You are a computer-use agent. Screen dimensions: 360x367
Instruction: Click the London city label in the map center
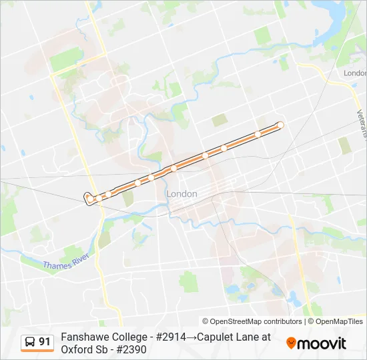(x=181, y=193)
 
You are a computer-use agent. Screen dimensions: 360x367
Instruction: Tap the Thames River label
(x=67, y=261)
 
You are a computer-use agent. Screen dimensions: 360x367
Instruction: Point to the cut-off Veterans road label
(x=361, y=123)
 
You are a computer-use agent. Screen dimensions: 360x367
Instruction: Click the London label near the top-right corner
(x=354, y=73)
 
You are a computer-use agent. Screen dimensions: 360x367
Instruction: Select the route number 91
(x=45, y=342)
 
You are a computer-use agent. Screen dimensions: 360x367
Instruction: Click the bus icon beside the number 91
(x=30, y=342)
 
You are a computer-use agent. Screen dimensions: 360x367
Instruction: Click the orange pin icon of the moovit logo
(x=292, y=344)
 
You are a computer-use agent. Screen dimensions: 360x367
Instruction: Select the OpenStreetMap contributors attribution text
(x=252, y=321)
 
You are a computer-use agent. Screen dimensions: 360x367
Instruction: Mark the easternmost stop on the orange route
(x=280, y=125)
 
